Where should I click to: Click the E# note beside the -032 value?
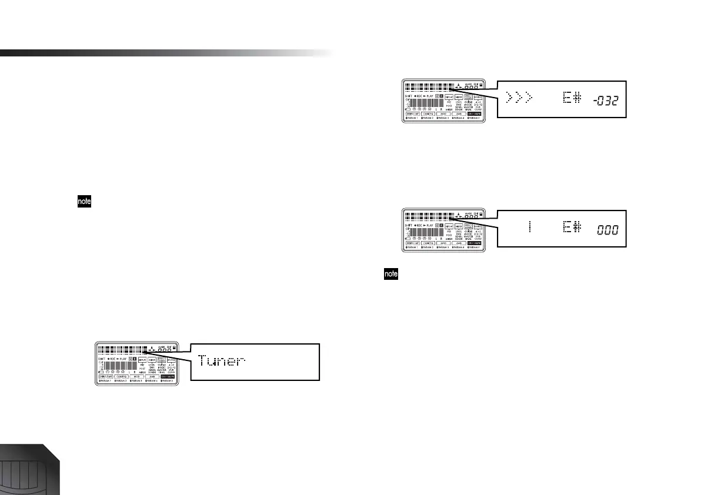point(571,98)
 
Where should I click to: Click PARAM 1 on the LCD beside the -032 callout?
point(415,119)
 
